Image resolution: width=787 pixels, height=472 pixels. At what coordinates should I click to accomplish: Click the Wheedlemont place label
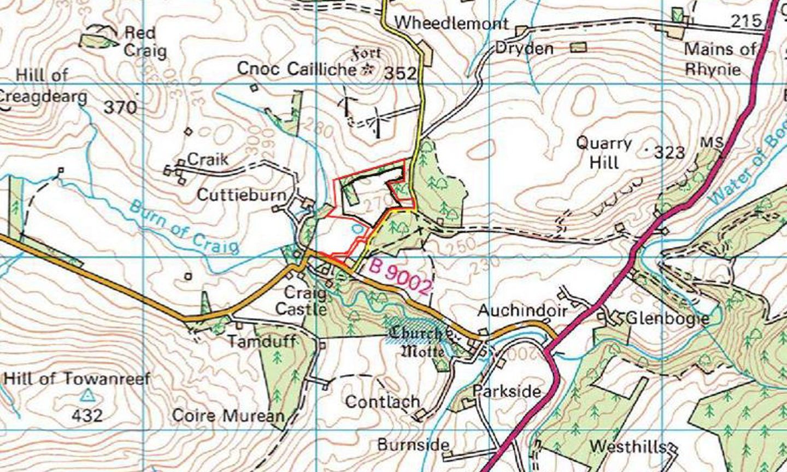coord(451,23)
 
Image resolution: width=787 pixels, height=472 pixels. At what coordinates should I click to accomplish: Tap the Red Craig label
coord(145,42)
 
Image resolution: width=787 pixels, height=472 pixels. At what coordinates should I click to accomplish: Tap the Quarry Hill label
coord(604,153)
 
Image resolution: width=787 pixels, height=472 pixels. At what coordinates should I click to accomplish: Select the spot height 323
coord(669,152)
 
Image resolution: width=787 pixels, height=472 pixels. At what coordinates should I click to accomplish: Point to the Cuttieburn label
coord(242,195)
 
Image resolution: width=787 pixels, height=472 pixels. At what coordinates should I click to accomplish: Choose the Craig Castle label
coord(301,301)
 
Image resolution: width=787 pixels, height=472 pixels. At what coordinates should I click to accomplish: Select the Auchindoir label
coord(522,311)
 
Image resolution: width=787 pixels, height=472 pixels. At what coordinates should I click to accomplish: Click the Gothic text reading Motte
coord(423,351)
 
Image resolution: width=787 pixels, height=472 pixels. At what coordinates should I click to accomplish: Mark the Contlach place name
coord(382,402)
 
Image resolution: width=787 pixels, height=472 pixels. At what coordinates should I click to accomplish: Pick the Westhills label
coord(629,447)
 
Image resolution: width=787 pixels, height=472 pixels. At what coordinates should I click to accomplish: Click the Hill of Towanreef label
coord(77,379)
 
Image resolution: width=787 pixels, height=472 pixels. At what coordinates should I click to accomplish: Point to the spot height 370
coord(120,107)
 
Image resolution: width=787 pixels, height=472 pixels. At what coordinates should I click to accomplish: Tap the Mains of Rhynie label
coord(719,59)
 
